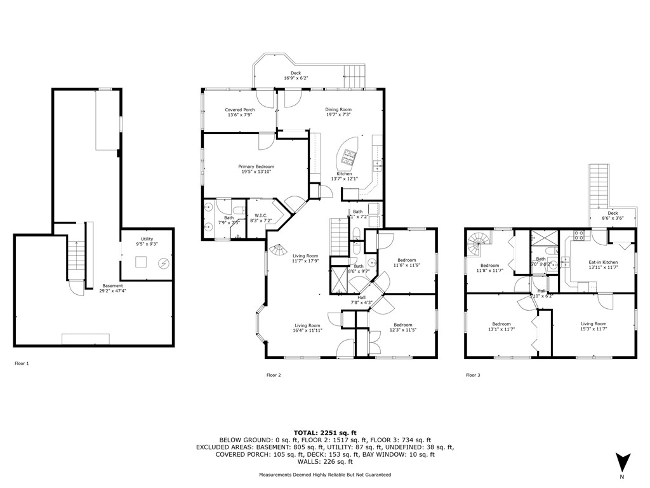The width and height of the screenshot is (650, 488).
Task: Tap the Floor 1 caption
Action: coord(22,363)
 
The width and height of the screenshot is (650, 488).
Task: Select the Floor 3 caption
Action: coord(473,375)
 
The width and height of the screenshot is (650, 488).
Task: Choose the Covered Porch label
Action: coord(239,112)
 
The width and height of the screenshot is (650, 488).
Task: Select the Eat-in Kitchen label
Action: coord(602,264)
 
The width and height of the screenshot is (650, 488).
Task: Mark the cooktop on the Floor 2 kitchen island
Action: coord(349,153)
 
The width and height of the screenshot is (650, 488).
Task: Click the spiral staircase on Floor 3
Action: coord(477,242)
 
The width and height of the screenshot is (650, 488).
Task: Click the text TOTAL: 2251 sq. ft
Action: coord(324,432)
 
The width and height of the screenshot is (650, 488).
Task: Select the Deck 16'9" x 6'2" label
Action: coord(295,76)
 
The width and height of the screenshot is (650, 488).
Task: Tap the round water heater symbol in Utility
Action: coord(163,263)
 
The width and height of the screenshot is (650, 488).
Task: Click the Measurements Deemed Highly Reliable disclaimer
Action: coord(324,475)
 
